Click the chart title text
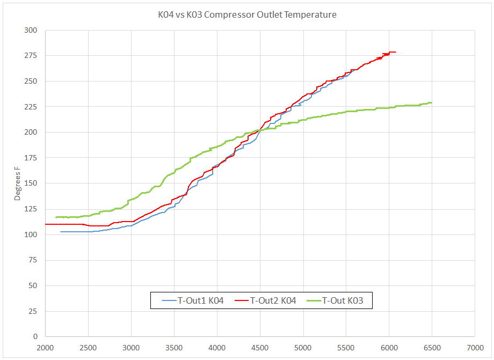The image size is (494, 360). click(244, 15)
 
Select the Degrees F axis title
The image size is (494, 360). click(17, 182)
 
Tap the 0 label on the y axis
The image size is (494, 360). click(35, 337)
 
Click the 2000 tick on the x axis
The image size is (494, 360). click(46, 347)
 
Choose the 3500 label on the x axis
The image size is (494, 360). click(175, 347)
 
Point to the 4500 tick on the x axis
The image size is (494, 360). click(260, 347)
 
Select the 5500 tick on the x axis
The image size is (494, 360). click(346, 347)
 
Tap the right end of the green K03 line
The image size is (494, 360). click(431, 102)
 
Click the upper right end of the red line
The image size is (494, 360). click(395, 52)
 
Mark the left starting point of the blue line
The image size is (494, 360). click(61, 232)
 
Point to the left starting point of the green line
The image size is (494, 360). click(56, 217)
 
